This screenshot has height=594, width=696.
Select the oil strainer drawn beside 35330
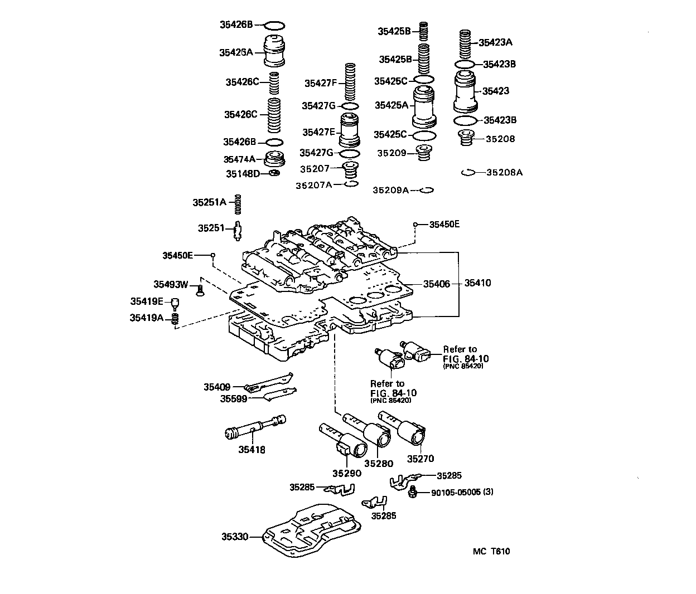[x=312, y=532]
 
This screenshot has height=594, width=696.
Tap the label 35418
[x=252, y=450]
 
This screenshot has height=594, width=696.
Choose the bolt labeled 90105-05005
[x=413, y=491]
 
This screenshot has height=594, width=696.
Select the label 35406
[x=436, y=284]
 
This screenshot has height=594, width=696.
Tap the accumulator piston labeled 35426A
[x=274, y=51]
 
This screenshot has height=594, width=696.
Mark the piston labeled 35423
[x=466, y=92]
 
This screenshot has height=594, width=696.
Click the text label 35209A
[x=390, y=190]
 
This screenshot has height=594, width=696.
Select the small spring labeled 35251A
[x=238, y=203]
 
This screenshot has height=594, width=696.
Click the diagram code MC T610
[x=491, y=552]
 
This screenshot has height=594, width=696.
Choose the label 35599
[x=233, y=398]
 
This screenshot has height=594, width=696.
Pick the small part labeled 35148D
[x=274, y=174]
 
